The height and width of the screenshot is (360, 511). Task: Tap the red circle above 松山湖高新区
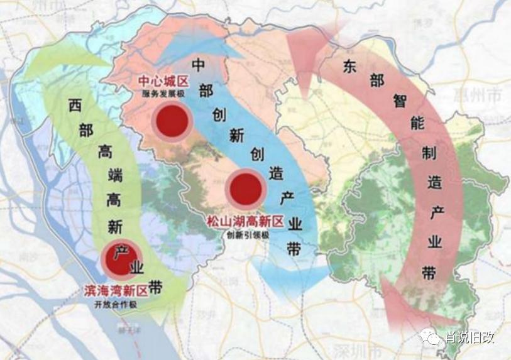pos(245,188)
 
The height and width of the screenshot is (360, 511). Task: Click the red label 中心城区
pos(165,82)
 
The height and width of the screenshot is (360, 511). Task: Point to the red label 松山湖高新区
pos(245,222)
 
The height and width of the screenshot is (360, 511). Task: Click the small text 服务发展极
pos(164,94)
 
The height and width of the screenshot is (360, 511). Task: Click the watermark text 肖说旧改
pos(470,337)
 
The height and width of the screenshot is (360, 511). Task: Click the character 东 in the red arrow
pos(350,67)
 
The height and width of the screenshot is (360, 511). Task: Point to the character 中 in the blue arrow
pos(198,65)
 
